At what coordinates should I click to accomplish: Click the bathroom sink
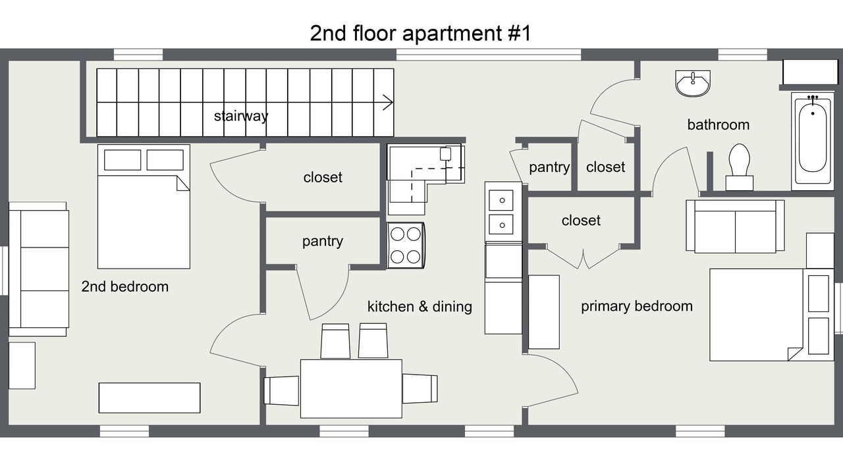click(x=693, y=83)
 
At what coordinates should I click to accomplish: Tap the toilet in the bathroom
click(x=739, y=167)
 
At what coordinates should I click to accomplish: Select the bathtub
click(x=812, y=142)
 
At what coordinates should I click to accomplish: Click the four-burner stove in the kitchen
click(x=406, y=246)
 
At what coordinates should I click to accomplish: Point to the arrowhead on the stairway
click(x=389, y=102)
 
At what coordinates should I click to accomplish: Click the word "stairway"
click(x=241, y=116)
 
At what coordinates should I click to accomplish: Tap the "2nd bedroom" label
click(x=125, y=286)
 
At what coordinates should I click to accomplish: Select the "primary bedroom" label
click(x=637, y=306)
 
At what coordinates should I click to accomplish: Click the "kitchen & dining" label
click(x=420, y=307)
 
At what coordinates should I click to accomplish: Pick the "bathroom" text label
click(x=719, y=125)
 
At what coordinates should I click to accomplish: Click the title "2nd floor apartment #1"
click(x=420, y=33)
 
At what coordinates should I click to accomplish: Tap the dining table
click(x=351, y=388)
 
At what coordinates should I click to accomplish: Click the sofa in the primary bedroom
click(x=735, y=226)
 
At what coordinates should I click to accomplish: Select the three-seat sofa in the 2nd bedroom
click(x=38, y=269)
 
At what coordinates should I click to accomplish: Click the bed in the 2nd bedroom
click(x=144, y=207)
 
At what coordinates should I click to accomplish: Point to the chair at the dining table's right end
click(x=420, y=389)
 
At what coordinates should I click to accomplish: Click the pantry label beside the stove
click(x=323, y=242)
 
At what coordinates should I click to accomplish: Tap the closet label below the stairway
click(x=323, y=177)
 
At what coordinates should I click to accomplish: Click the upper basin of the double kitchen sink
click(x=501, y=200)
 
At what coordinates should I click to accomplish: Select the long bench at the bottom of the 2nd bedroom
click(x=150, y=398)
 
